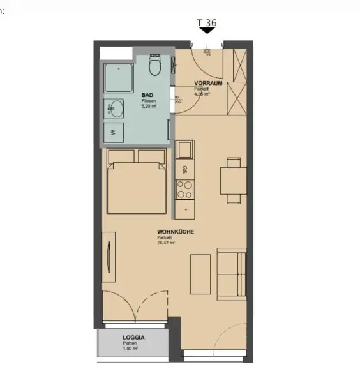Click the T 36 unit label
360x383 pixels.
coord(207,23)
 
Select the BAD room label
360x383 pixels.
coord(147,95)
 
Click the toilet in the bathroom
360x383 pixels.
coord(154,65)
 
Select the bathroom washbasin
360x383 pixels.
coord(114,109)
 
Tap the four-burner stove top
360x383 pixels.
coord(185,189)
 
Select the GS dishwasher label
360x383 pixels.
coord(184,170)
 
